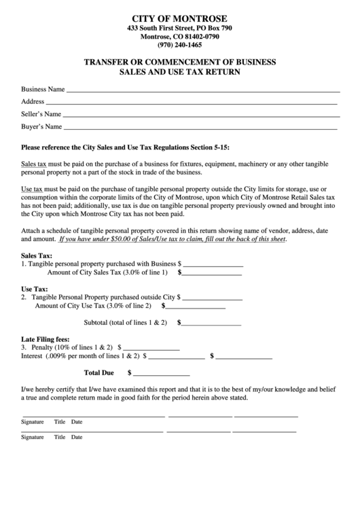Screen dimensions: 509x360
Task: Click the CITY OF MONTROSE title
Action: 179,18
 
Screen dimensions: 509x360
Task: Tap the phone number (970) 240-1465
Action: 179,45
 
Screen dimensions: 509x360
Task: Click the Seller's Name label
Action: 41,113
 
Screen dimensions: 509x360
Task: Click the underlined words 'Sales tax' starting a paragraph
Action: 34,164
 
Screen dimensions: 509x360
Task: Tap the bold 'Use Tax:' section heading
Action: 35,288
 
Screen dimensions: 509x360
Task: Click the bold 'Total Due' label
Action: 98,373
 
